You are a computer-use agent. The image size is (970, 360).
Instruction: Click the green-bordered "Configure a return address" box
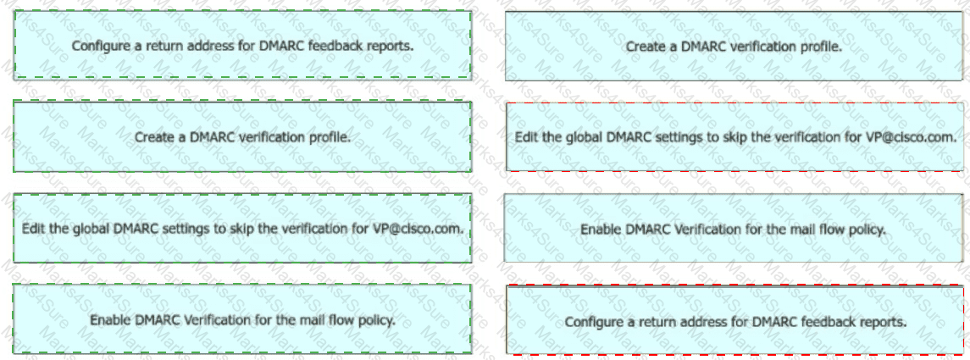click(x=242, y=45)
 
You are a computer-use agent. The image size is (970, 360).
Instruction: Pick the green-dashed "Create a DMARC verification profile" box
click(x=242, y=136)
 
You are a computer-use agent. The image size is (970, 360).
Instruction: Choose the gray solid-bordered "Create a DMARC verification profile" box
click(x=734, y=47)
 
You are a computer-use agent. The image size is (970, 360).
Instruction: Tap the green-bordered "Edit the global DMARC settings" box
click(x=242, y=228)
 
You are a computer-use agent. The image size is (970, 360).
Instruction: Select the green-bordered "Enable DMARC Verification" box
click(x=242, y=319)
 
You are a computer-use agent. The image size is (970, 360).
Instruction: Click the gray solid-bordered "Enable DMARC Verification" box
click(x=734, y=228)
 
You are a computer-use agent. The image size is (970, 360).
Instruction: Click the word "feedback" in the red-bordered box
click(x=829, y=322)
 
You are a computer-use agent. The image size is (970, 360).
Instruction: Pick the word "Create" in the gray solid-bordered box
click(x=644, y=47)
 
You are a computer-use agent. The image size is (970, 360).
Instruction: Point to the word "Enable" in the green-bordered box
click(x=109, y=320)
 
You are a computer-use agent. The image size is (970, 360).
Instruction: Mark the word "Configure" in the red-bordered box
click(x=590, y=322)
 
